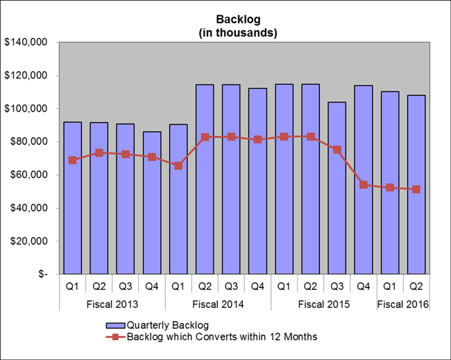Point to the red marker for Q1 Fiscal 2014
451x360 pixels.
(178, 166)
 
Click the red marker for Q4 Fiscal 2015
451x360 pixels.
(364, 185)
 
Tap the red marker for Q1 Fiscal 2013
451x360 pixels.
(72, 160)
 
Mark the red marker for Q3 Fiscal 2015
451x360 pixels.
(337, 150)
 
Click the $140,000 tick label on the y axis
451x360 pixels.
(25, 42)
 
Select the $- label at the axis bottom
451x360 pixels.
(43, 274)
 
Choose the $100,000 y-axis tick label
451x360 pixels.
(25, 109)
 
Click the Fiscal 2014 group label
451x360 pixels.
(218, 304)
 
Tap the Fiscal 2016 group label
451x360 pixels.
(403, 304)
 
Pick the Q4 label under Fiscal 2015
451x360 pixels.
(364, 285)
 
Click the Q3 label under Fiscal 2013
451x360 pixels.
(126, 285)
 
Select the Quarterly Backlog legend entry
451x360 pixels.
(164, 325)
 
